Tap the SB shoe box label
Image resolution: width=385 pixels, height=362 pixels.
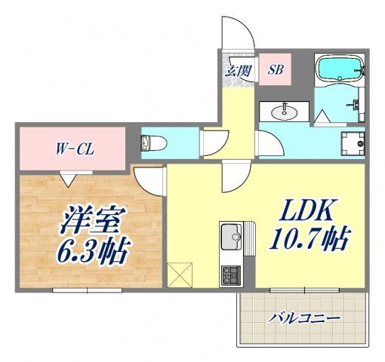pyautogui.click(x=276, y=72)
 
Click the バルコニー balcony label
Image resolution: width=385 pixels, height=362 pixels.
pyautogui.click(x=305, y=319)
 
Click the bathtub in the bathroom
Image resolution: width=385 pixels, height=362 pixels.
pyautogui.click(x=338, y=70)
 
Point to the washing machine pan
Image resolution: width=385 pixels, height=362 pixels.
pyautogui.click(x=353, y=141)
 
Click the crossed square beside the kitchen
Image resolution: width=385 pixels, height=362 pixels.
pyautogui.click(x=181, y=273)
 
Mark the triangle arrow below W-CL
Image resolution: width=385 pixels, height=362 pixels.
pyautogui.click(x=69, y=179)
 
